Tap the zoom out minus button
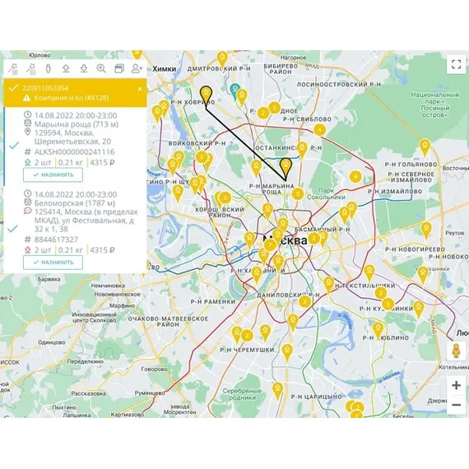[456, 404]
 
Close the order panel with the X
[140, 88]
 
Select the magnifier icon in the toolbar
[101, 68]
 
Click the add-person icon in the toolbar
[137, 68]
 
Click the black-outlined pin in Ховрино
[207, 93]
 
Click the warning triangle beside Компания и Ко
[27, 98]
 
